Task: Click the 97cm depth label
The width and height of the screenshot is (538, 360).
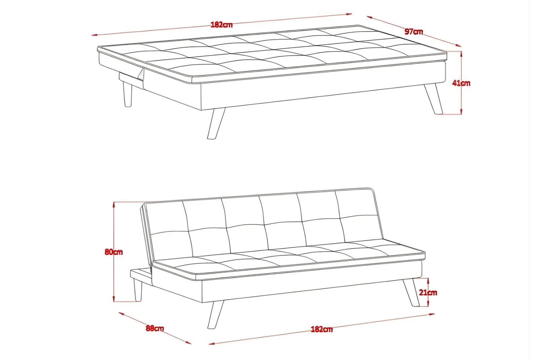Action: click(x=414, y=32)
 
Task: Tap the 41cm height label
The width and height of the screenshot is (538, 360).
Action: click(x=461, y=83)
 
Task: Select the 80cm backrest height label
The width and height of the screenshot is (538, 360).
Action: click(x=114, y=252)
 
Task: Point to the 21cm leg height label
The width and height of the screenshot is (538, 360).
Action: click(x=428, y=292)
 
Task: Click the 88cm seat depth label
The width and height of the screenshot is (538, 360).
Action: click(x=155, y=328)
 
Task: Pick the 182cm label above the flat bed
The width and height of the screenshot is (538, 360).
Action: click(x=222, y=25)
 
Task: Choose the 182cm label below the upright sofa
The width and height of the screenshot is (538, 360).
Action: click(x=322, y=329)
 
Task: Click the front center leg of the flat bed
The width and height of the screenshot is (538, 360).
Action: click(x=216, y=123)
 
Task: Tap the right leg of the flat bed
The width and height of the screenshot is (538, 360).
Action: click(x=434, y=99)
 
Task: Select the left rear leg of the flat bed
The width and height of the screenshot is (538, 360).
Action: click(x=127, y=94)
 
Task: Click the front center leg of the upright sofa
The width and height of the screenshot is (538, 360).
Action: click(x=216, y=315)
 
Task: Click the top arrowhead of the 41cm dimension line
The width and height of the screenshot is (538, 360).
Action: click(x=461, y=53)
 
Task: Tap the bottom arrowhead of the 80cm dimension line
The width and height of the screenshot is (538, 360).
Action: click(x=114, y=299)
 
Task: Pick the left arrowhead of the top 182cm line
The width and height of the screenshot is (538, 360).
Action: click(x=94, y=35)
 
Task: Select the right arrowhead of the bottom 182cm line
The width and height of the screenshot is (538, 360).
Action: click(x=432, y=314)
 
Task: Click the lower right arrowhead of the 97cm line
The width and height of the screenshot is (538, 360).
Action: click(x=459, y=45)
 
